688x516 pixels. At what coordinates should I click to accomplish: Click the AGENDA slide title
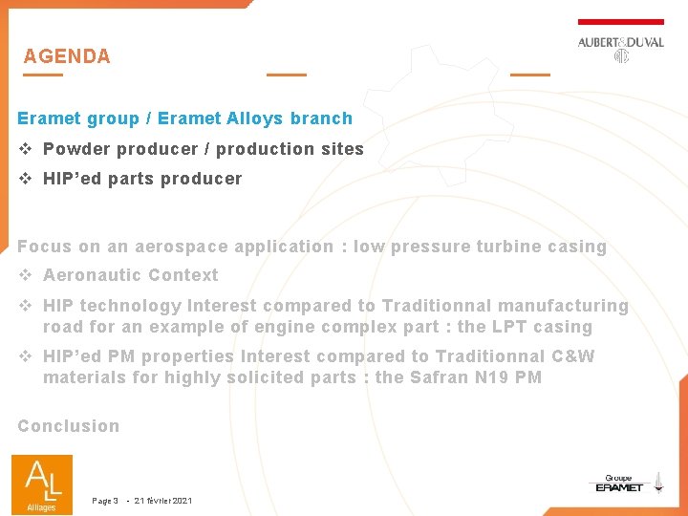67,56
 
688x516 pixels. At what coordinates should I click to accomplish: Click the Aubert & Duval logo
620,48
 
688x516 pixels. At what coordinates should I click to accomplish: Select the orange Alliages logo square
41,484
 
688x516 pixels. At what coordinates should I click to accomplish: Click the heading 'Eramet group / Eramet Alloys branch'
184,118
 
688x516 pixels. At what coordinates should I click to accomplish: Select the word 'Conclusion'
69,426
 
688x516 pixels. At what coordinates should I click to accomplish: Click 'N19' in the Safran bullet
494,377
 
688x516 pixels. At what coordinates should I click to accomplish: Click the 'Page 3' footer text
105,501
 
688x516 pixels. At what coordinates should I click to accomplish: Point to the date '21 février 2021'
163,501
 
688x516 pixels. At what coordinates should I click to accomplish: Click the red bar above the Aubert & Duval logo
620,21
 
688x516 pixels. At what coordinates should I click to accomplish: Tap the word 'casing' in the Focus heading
577,247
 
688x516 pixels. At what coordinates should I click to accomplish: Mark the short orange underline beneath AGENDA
43,75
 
